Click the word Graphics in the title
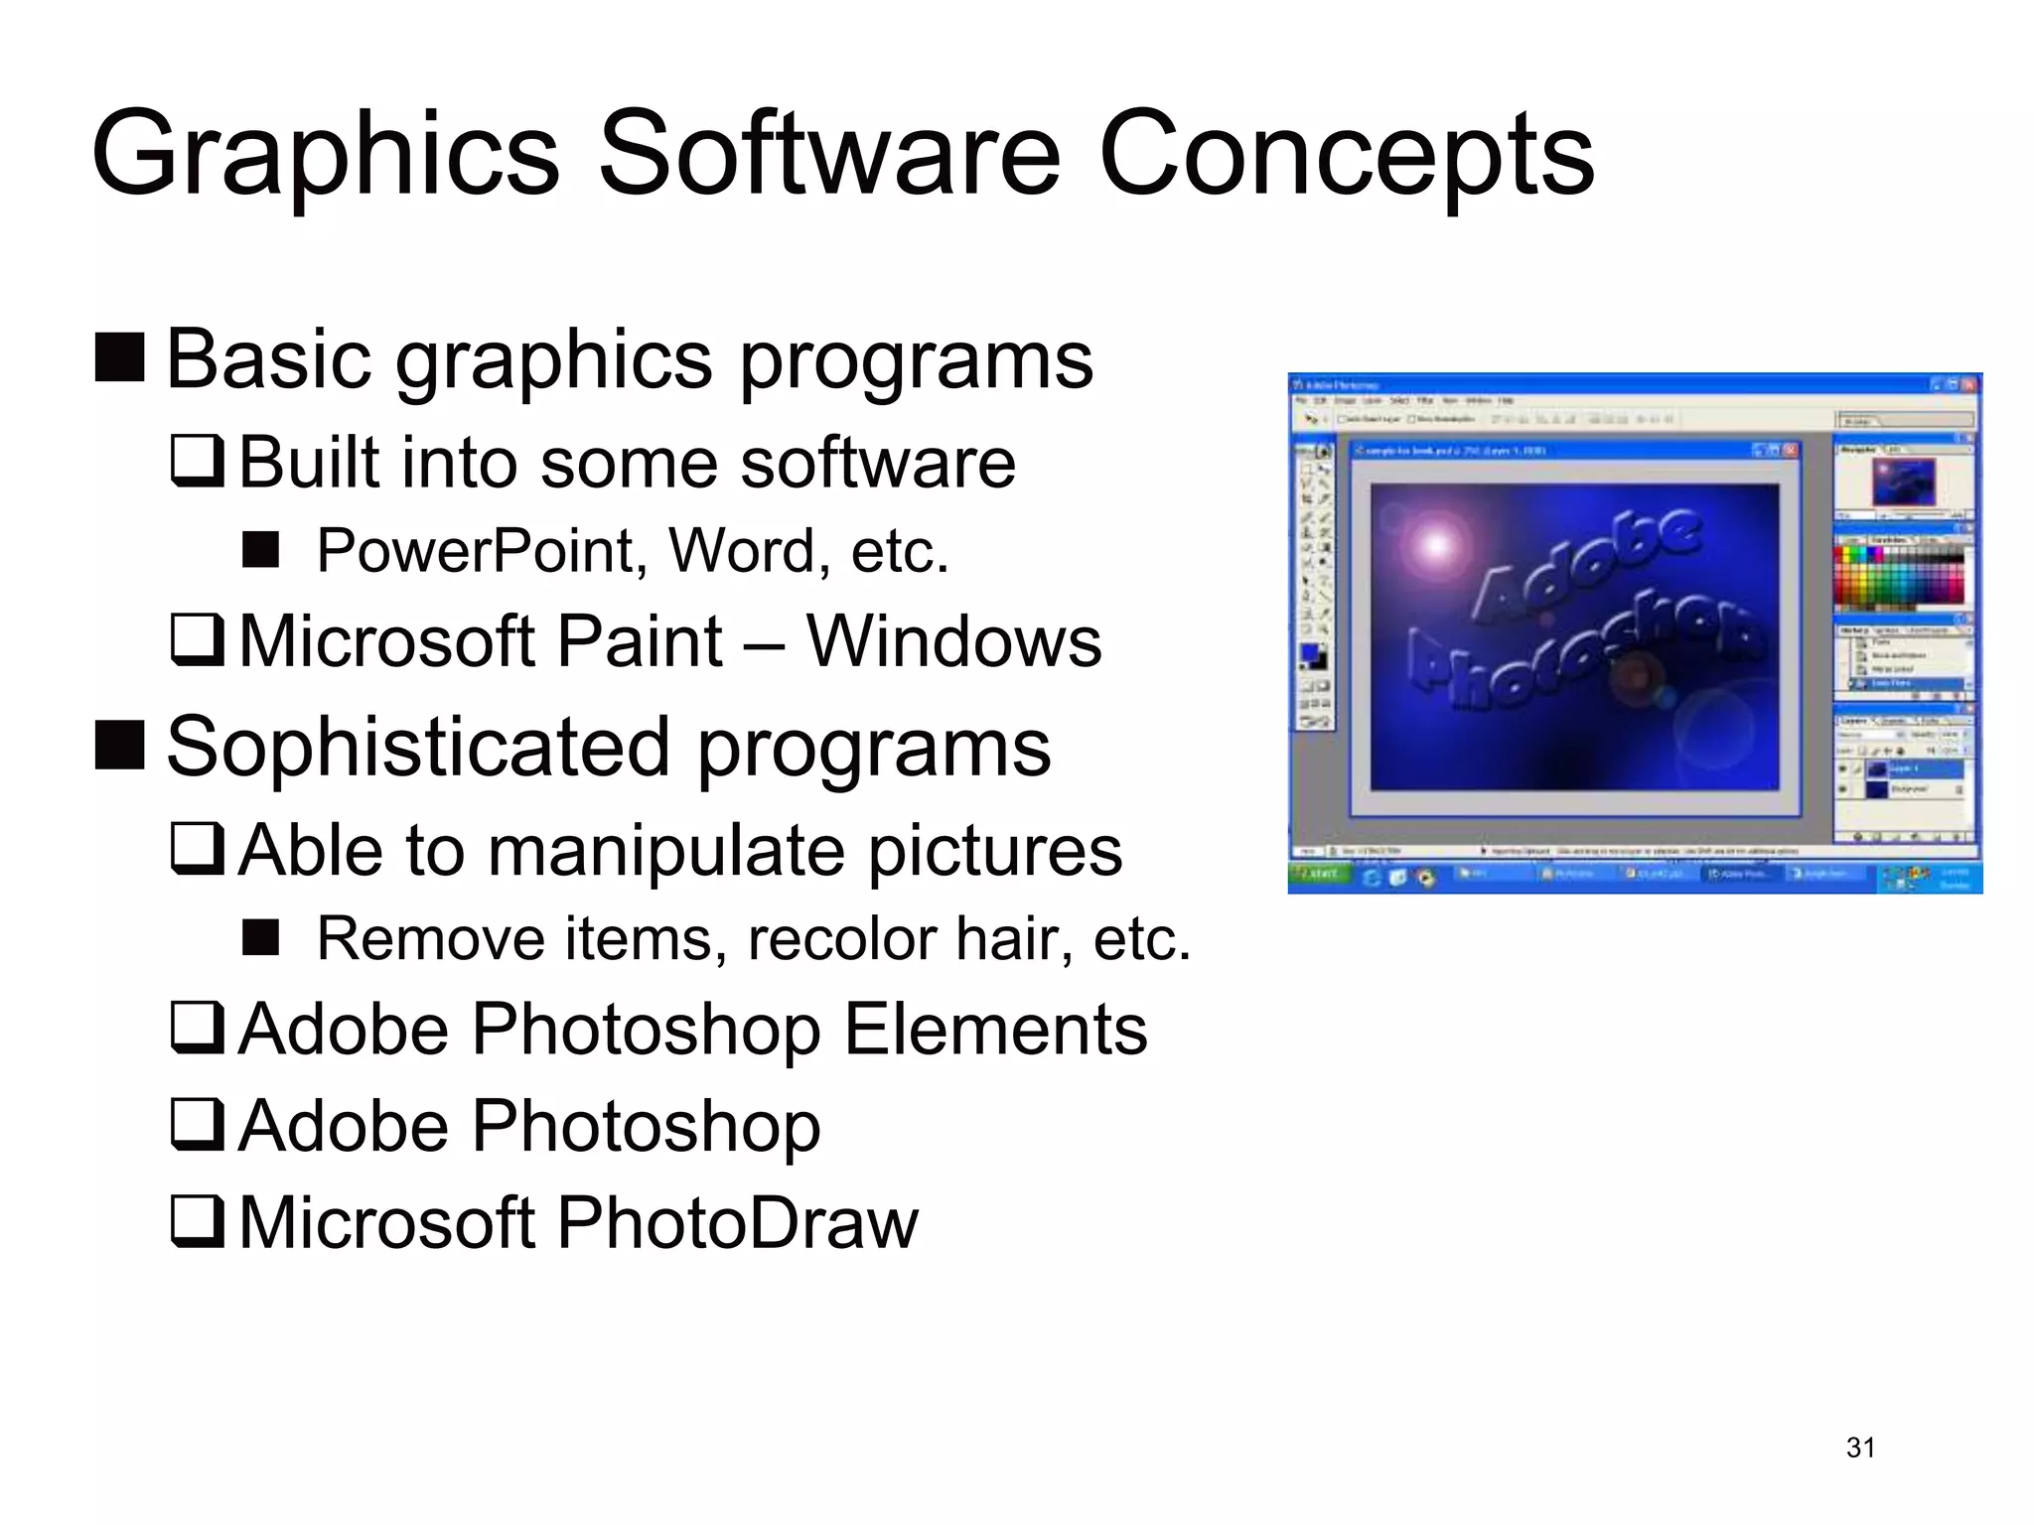(x=326, y=154)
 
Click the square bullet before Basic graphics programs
(x=120, y=357)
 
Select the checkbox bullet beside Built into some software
(x=197, y=462)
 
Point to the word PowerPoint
(x=474, y=551)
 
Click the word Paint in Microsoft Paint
(x=641, y=641)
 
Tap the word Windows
(x=953, y=641)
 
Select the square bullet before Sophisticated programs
(x=120, y=746)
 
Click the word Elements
(x=995, y=1030)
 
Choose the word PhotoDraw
(x=737, y=1222)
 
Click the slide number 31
(x=1860, y=1448)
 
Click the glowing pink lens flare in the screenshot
(x=1436, y=544)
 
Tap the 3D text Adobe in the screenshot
(x=1586, y=563)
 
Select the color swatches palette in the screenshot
(x=1898, y=576)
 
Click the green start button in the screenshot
(x=1320, y=875)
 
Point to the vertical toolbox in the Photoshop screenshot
(x=1315, y=586)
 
